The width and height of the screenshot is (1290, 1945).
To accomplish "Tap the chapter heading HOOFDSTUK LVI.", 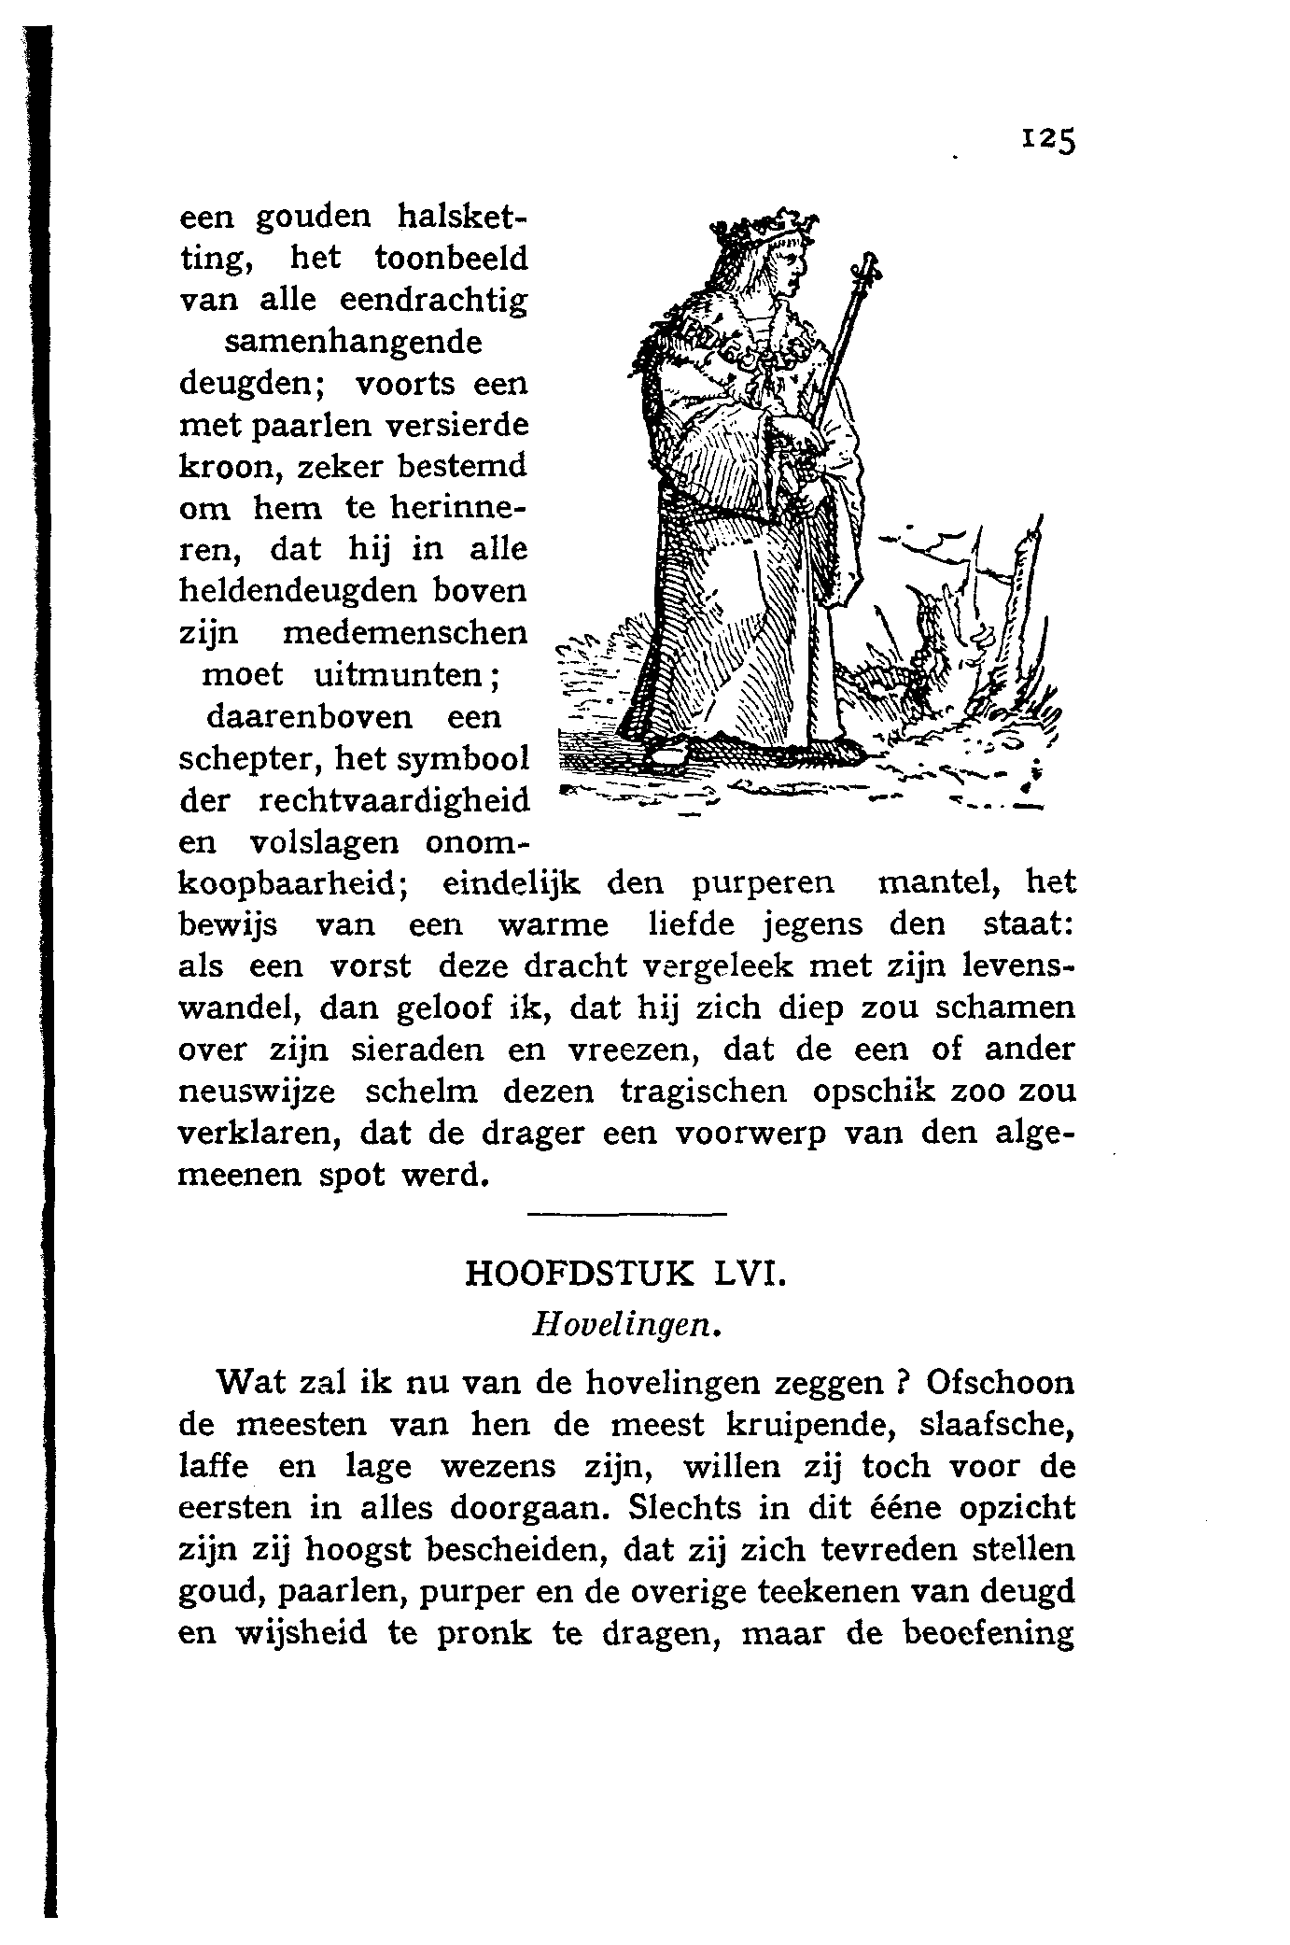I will tap(625, 1274).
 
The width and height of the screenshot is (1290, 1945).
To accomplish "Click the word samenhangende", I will tap(354, 342).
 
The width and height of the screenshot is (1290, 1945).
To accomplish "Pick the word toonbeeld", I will tap(452, 258).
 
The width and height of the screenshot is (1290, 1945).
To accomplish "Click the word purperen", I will tap(764, 882).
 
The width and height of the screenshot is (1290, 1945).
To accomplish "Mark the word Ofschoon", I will tap(1002, 1383).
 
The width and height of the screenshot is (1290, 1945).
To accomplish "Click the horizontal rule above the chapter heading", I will tap(625, 1214).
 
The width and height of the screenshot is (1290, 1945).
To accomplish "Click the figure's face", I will tap(784, 271).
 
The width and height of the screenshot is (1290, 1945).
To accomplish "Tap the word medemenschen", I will tap(404, 632).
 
